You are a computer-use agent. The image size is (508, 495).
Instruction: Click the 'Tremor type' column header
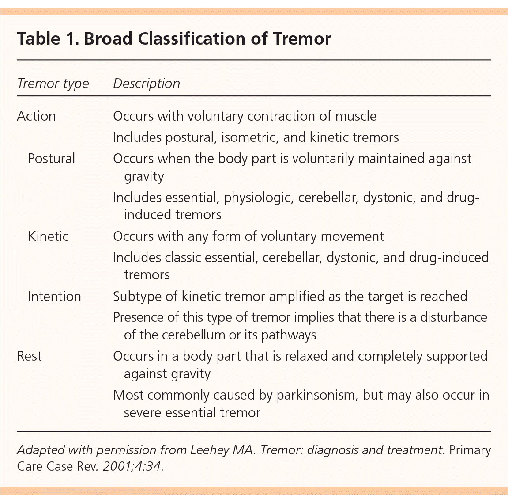coord(53,84)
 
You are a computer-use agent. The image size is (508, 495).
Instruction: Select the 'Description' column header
coord(147,84)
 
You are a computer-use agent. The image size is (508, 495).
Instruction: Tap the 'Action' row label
coord(36,116)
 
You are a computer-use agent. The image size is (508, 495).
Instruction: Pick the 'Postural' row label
coord(51,159)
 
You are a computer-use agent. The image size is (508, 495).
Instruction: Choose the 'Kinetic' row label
coord(48,236)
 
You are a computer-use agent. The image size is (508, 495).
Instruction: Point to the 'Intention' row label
coord(54,296)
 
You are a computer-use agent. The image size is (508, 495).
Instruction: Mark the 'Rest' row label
coord(29,356)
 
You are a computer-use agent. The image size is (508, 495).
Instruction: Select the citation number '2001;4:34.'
coord(133,467)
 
